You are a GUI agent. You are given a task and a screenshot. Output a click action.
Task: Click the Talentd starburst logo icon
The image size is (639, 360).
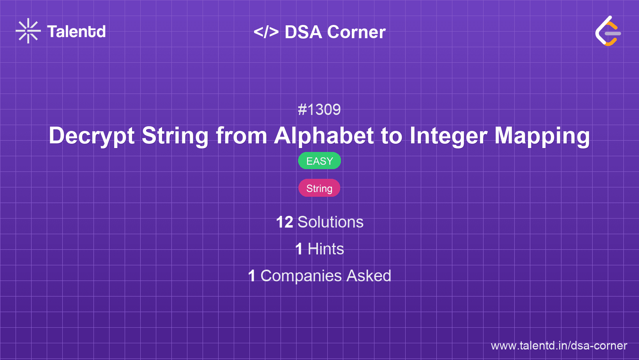pos(28,31)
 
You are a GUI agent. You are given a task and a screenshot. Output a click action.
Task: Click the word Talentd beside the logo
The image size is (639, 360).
pos(76,32)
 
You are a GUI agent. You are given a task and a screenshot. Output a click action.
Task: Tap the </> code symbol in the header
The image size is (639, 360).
pos(266,32)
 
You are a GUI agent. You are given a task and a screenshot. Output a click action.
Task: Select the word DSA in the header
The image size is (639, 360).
pos(303,32)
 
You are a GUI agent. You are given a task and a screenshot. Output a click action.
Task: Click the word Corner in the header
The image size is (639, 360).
pos(356,32)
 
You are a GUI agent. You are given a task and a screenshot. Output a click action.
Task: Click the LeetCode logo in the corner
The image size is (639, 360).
pos(608,31)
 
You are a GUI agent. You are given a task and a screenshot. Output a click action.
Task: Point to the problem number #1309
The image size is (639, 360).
pos(319,109)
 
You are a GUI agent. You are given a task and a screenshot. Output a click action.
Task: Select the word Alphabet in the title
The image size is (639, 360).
pos(324,136)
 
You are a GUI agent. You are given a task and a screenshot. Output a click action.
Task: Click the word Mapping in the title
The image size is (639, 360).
pos(542,136)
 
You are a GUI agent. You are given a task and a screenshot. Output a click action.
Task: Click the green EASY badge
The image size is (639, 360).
pos(319,161)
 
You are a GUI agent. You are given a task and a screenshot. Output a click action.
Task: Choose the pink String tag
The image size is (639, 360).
pos(319,188)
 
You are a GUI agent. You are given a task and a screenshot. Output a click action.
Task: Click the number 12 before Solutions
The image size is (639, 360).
pos(284,222)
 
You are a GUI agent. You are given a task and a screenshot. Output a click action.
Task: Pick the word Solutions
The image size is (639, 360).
pos(330,222)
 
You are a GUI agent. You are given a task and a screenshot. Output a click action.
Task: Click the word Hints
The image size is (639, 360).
pos(326,249)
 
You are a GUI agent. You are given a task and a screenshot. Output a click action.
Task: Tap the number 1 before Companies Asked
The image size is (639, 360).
pos(252,276)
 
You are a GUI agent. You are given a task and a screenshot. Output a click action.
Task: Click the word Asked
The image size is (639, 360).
pos(369,276)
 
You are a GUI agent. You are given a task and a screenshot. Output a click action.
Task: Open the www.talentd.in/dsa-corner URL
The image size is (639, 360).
pos(559,346)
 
